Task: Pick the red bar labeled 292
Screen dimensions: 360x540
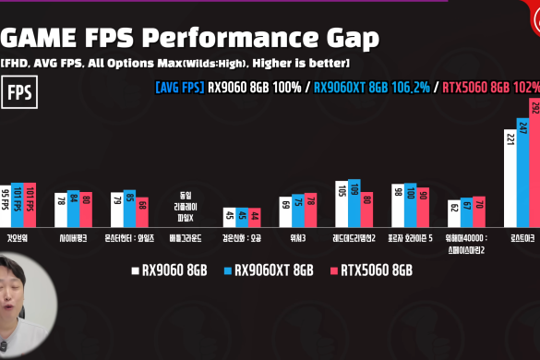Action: coord(534,162)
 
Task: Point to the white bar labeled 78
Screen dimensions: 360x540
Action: coord(61,210)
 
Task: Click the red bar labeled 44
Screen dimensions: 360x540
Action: coord(255,217)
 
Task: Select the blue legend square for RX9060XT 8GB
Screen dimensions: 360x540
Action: coord(227,270)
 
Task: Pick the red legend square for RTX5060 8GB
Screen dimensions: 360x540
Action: coord(335,270)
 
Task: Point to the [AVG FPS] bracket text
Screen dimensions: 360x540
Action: coord(181,90)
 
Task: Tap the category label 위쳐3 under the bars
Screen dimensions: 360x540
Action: coord(298,237)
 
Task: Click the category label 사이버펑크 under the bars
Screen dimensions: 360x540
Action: coord(74,237)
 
